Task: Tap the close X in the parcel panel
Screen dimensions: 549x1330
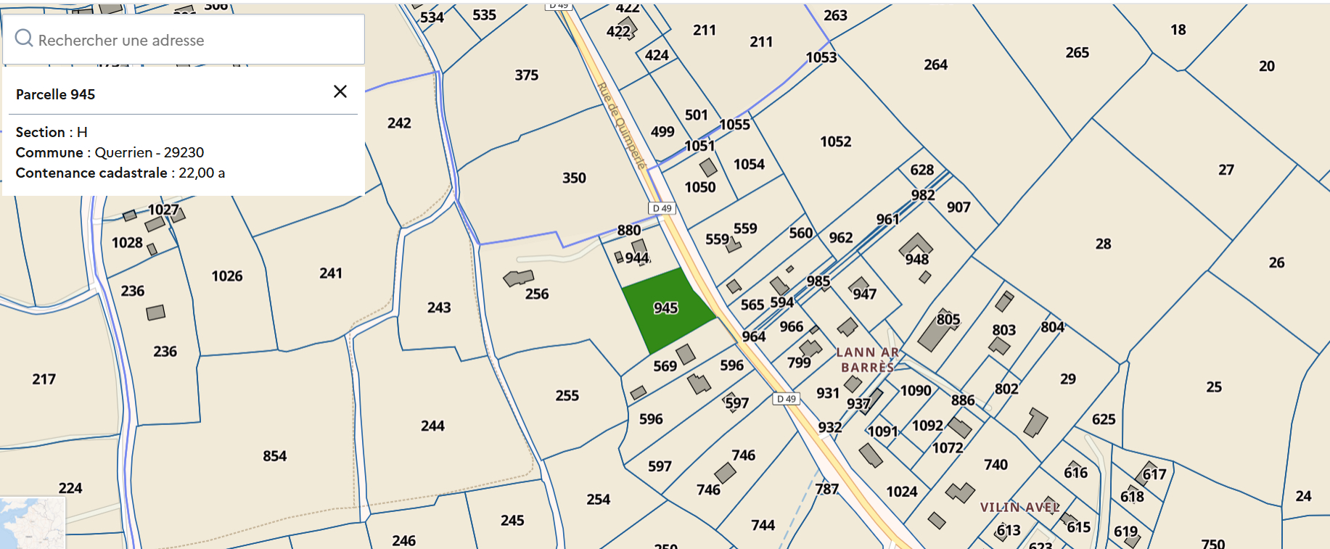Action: (x=340, y=91)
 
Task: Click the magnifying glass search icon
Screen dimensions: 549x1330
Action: (x=24, y=38)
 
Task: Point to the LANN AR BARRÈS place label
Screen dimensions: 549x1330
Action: (x=867, y=360)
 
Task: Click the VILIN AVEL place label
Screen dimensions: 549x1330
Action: (x=1019, y=507)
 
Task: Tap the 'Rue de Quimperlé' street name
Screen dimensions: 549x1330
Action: (x=621, y=125)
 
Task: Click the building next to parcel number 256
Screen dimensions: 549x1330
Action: (x=518, y=278)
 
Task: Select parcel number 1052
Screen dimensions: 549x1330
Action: (x=836, y=141)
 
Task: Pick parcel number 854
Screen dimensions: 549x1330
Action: (x=274, y=456)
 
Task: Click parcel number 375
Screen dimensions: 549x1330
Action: (x=527, y=75)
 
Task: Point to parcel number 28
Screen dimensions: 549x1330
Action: (x=1103, y=244)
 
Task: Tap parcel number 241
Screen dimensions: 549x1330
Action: (x=331, y=273)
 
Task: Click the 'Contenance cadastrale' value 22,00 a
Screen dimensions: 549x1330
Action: (x=202, y=173)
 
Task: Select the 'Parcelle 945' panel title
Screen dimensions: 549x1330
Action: (x=56, y=94)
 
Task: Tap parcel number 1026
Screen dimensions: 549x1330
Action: (x=227, y=276)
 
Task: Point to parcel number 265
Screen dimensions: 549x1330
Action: (x=1077, y=52)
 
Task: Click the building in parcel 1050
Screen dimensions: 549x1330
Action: (x=708, y=168)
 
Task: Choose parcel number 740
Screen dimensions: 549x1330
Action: (x=996, y=464)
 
